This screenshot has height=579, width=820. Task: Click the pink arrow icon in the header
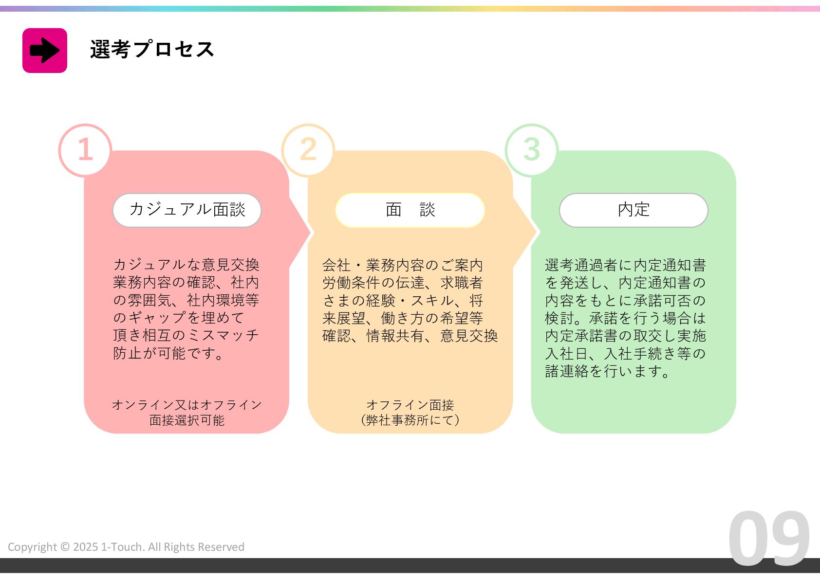pos(45,51)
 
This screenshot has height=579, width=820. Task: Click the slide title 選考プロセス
pos(152,50)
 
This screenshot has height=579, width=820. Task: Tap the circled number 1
pos(85,149)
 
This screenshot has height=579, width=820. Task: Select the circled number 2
pos(308,149)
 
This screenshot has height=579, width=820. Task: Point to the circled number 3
pos(532,149)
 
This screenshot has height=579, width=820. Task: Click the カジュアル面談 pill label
pos(187,210)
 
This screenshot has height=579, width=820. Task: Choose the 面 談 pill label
pos(410,210)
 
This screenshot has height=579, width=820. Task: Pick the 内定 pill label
pos(634,210)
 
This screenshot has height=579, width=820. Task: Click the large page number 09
pos(769,539)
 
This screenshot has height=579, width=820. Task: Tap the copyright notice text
pos(126,547)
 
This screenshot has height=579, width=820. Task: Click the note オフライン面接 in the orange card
pos(410,405)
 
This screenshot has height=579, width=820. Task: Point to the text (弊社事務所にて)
pos(410,420)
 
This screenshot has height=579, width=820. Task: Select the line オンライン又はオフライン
pos(187,405)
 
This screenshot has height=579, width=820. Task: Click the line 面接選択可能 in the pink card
pos(187,420)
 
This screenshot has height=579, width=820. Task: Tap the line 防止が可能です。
pos(169,353)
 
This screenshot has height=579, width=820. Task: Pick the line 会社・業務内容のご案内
pos(403,265)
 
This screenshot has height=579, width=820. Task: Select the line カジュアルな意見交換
pos(186,265)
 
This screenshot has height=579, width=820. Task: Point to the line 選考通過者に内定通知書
pos(626,265)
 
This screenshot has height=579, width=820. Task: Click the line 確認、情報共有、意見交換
pos(410,336)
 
